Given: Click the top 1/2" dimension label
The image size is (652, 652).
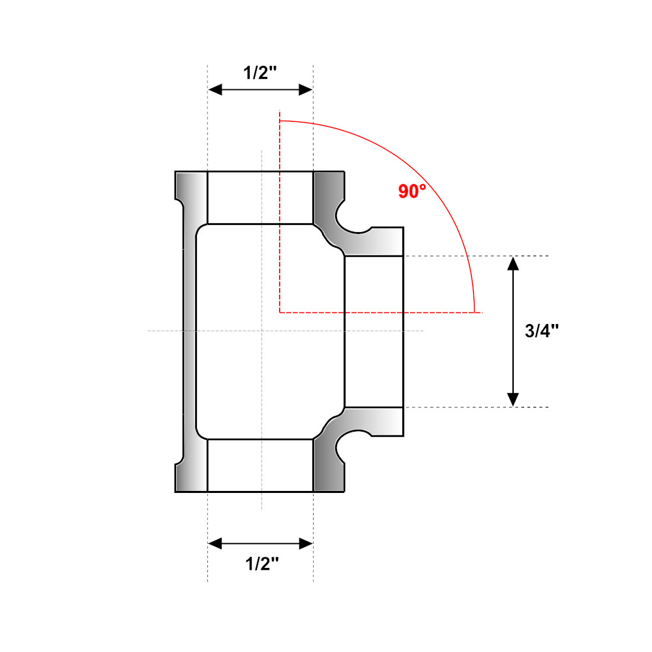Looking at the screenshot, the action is coord(260,73).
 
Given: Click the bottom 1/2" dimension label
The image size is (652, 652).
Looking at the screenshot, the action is coord(262,564).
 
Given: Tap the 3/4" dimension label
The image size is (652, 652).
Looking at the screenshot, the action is coord(541,331).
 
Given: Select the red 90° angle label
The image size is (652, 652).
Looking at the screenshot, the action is coord(412,191).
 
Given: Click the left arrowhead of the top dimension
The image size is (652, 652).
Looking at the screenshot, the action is coord(215,89).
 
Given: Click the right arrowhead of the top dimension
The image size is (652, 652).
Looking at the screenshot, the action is coord(306,89).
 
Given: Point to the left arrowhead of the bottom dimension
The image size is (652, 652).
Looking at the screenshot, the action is coord(215,543).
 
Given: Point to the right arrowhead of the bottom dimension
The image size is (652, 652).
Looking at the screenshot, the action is coord(306,543).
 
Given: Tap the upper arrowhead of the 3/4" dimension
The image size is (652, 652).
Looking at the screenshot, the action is coord(513,263).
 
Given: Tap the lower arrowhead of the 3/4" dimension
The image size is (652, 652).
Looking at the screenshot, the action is coord(513,399).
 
